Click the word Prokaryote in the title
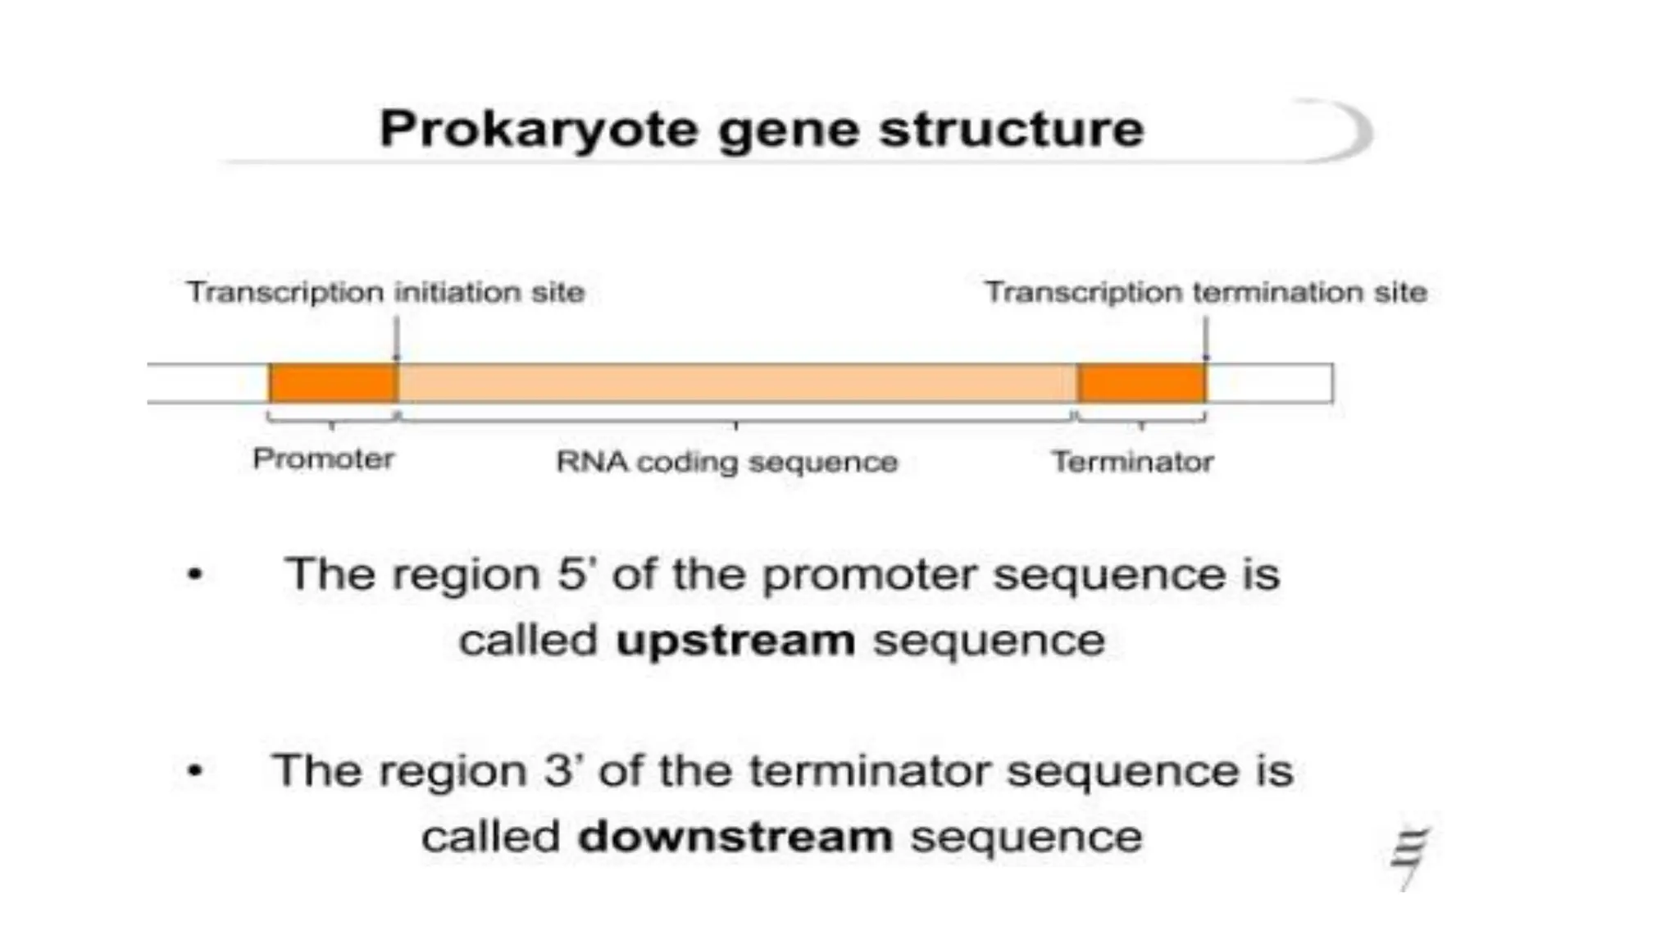click(x=537, y=130)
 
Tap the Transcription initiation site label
click(x=385, y=292)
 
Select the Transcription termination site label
click(x=1205, y=292)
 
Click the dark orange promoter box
click(x=333, y=383)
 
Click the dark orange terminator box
click(x=1141, y=383)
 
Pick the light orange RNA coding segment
click(x=736, y=383)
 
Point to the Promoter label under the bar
click(x=323, y=459)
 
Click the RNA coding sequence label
click(x=726, y=462)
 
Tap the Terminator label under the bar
click(x=1132, y=462)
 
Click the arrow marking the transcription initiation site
click(x=396, y=338)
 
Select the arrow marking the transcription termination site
click(x=1205, y=338)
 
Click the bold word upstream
click(x=735, y=641)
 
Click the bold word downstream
click(x=735, y=838)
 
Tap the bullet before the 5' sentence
click(x=195, y=574)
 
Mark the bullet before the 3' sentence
click(x=195, y=771)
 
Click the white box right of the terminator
click(x=1269, y=383)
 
